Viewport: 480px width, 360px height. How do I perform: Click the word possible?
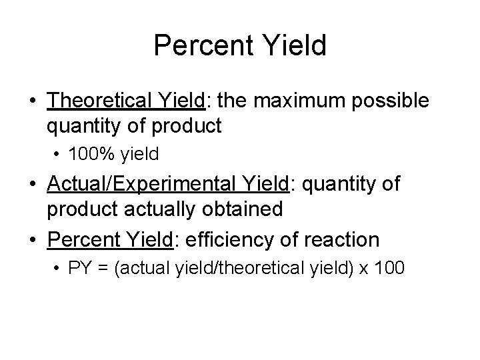[x=398, y=101]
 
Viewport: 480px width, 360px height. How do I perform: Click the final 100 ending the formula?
[x=389, y=269]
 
